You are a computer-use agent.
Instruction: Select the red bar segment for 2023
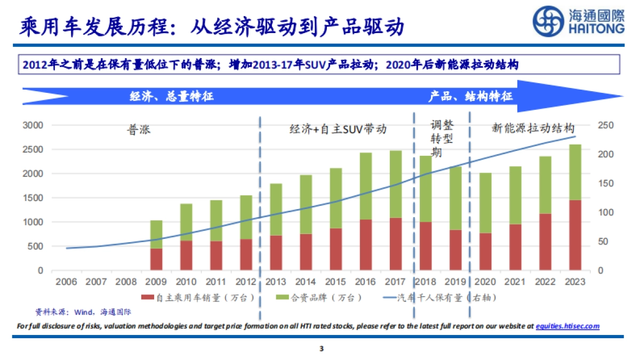575,235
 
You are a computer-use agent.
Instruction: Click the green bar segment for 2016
365,186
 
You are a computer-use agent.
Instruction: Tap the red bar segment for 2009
156,259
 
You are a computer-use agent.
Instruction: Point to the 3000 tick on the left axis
33,125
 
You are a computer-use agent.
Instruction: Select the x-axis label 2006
66,282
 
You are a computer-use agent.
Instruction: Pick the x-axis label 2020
485,282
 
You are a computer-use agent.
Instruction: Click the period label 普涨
139,130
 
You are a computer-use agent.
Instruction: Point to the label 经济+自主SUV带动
338,129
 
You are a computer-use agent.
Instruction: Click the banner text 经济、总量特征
172,97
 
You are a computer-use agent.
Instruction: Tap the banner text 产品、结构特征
471,97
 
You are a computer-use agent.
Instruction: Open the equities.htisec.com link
567,326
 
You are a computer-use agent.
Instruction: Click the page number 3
321,349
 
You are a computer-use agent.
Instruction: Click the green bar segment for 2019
455,198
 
